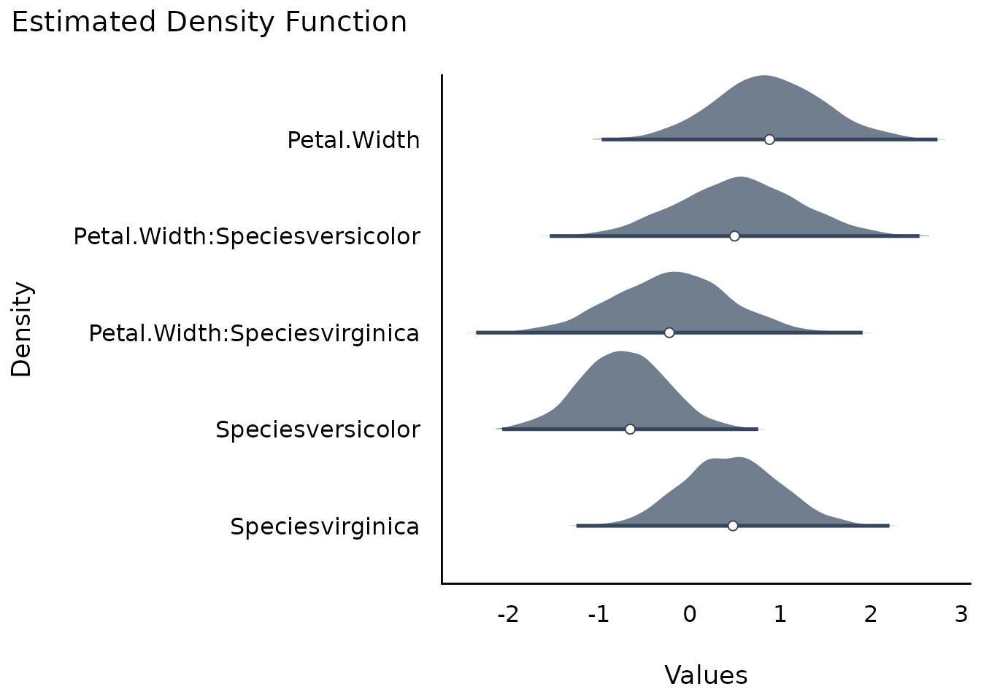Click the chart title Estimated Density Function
tap(209, 23)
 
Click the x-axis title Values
tap(706, 675)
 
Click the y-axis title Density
tap(21, 329)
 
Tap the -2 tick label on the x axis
tap(508, 615)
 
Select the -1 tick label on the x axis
tap(599, 615)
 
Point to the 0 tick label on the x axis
tap(689, 615)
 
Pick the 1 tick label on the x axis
tap(780, 615)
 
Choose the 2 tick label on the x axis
tap(871, 615)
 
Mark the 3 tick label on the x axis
tap(961, 615)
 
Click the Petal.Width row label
tap(353, 141)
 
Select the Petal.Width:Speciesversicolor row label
tap(247, 237)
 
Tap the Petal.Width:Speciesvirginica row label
tap(254, 334)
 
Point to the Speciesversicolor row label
tap(318, 429)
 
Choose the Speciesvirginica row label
tap(325, 526)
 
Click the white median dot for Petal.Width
tap(769, 139)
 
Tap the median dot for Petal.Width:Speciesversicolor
tap(734, 236)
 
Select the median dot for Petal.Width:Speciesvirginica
tap(669, 333)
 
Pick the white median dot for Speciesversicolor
tap(630, 429)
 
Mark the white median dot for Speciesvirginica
tap(733, 526)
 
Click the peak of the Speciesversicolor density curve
tap(620, 351)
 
